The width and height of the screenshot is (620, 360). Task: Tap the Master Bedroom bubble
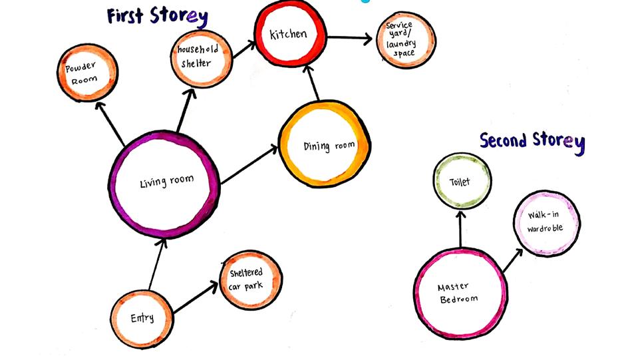click(x=459, y=293)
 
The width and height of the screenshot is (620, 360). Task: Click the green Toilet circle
click(x=462, y=180)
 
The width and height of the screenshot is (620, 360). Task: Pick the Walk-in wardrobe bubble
click(x=545, y=223)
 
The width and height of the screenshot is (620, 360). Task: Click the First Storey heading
click(x=158, y=16)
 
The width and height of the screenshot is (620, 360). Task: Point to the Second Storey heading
click(x=532, y=141)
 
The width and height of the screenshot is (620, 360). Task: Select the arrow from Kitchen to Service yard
click(x=350, y=38)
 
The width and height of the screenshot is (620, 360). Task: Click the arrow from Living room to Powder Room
click(x=110, y=124)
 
